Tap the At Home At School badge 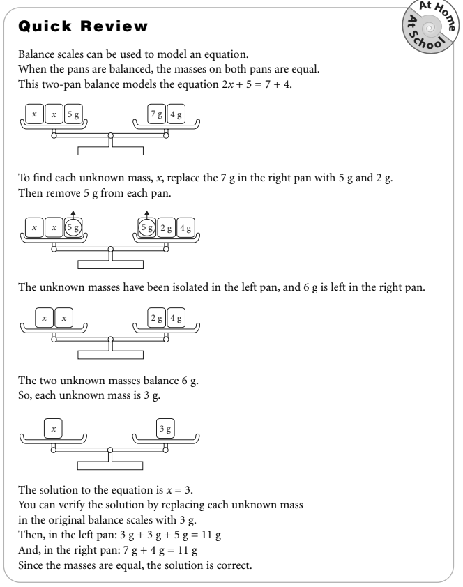click(x=425, y=26)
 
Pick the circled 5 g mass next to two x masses click(x=73, y=226)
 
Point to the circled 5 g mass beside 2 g click(x=146, y=226)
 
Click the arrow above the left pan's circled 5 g click(x=73, y=213)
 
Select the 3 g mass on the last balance click(x=165, y=429)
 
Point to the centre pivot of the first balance click(x=110, y=134)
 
